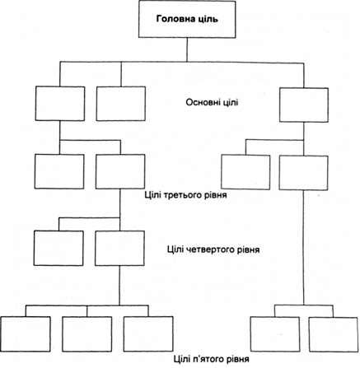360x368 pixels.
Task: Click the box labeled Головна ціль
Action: click(x=187, y=19)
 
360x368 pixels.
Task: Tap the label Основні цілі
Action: click(x=212, y=102)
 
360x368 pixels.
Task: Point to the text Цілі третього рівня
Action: click(x=185, y=195)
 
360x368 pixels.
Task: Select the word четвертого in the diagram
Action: click(x=213, y=249)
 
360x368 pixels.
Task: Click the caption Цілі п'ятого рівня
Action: click(x=212, y=359)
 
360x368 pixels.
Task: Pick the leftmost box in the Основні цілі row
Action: click(x=60, y=104)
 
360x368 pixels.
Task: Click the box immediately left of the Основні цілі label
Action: click(x=121, y=104)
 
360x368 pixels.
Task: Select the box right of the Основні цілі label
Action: click(x=304, y=105)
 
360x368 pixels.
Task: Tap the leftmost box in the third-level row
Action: click(x=59, y=171)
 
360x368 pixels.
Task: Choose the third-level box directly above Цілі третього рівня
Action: click(x=120, y=171)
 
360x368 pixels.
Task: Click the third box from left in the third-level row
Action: click(x=245, y=172)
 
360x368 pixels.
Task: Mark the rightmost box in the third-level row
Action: click(x=303, y=173)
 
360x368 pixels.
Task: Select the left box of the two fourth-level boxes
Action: click(x=58, y=248)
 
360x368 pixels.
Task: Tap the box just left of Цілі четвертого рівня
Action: click(x=119, y=248)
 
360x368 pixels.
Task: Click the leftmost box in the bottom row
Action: click(x=26, y=334)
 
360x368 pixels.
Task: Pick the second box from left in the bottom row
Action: click(x=87, y=334)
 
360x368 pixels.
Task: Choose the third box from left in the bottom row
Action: click(x=148, y=334)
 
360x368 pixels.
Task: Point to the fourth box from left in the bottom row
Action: click(x=275, y=334)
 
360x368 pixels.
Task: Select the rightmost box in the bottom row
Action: click(x=334, y=334)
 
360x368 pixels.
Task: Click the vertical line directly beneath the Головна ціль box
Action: click(x=187, y=49)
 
